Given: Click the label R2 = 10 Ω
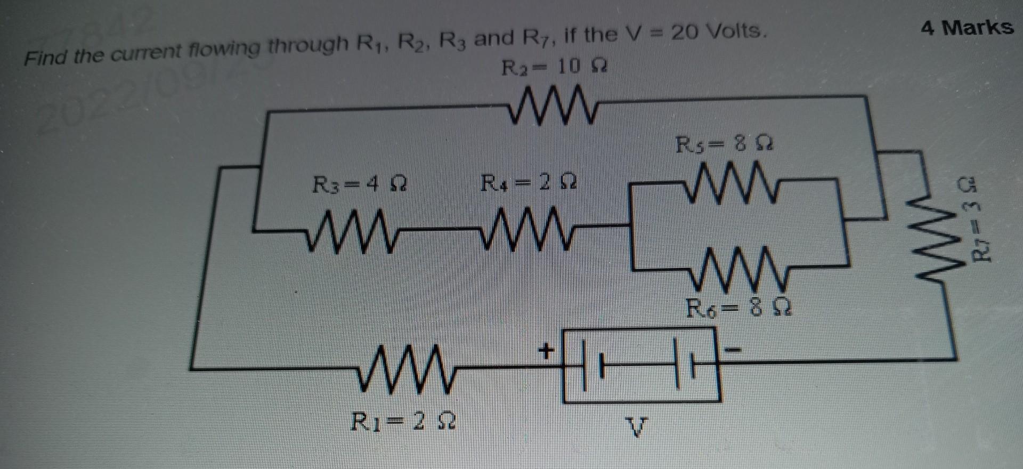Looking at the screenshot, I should click(x=554, y=68).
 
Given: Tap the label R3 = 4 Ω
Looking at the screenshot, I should click(x=360, y=187).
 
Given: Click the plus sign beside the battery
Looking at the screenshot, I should click(x=546, y=351).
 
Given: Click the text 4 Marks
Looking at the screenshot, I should click(x=967, y=27).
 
